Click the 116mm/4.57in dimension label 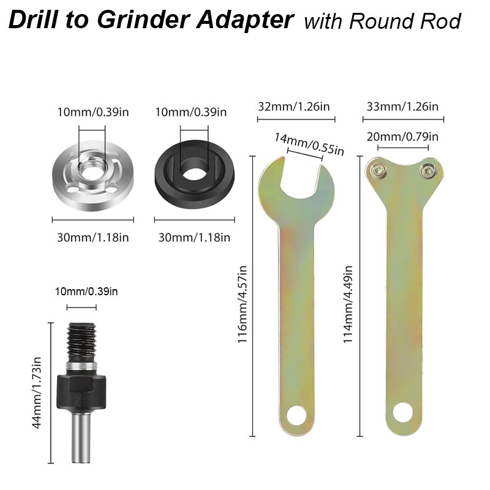coord(243,303)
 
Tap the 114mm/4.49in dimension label coord(349,303)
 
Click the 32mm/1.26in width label coord(294,107)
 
